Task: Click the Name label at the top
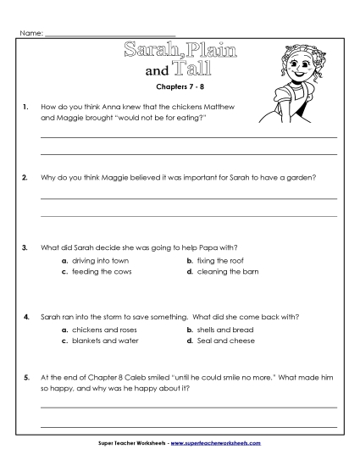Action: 29,33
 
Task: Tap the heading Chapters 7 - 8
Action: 180,87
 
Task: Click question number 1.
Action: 27,108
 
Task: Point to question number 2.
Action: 27,178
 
